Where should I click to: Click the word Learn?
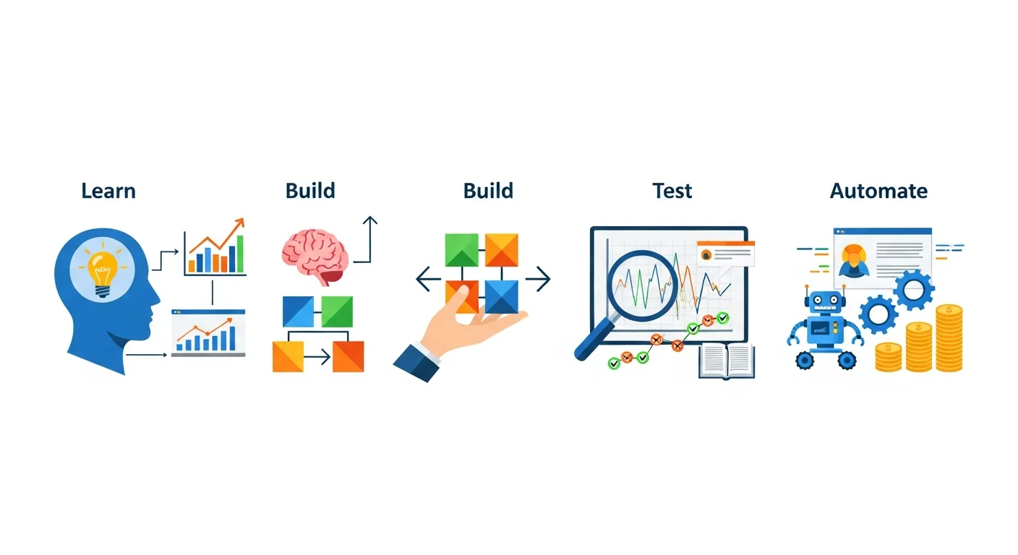point(108,191)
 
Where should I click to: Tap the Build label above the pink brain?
point(310,191)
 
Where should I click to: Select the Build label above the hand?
point(488,191)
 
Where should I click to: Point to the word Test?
point(672,191)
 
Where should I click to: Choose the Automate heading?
point(878,191)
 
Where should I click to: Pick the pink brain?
point(315,253)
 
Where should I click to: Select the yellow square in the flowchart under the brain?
point(288,356)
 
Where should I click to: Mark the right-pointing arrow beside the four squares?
point(538,278)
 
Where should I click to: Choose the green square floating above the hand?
point(462,249)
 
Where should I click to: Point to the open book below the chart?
point(726,360)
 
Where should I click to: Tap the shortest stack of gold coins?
point(888,357)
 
